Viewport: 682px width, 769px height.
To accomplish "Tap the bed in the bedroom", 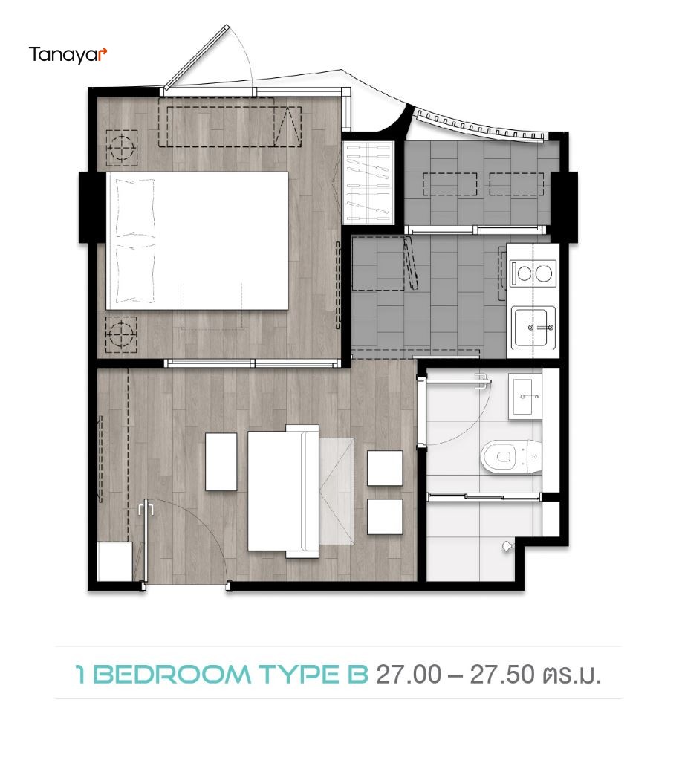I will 198,241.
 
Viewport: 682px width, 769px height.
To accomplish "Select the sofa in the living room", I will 284,490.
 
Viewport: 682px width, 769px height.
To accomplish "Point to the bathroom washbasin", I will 530,396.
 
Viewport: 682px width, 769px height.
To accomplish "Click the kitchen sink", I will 533,326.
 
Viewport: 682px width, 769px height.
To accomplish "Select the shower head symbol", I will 508,547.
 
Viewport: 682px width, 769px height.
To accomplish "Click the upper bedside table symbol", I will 122,147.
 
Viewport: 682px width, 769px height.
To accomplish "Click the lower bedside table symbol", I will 122,334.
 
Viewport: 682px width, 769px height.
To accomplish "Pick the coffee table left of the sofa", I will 221,461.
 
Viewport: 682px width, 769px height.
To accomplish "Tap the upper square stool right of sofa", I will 385,468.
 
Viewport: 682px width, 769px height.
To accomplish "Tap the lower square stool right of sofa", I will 385,516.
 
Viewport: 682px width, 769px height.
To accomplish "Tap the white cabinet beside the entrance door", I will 114,561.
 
